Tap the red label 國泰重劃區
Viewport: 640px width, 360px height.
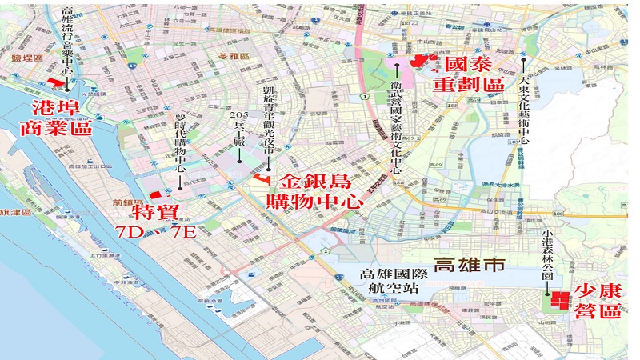(x=470, y=74)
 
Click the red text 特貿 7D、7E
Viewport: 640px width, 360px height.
(x=156, y=222)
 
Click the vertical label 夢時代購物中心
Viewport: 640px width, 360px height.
(x=181, y=144)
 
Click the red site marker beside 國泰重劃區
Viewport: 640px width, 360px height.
(x=421, y=61)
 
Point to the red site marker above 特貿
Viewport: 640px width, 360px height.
(x=155, y=195)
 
